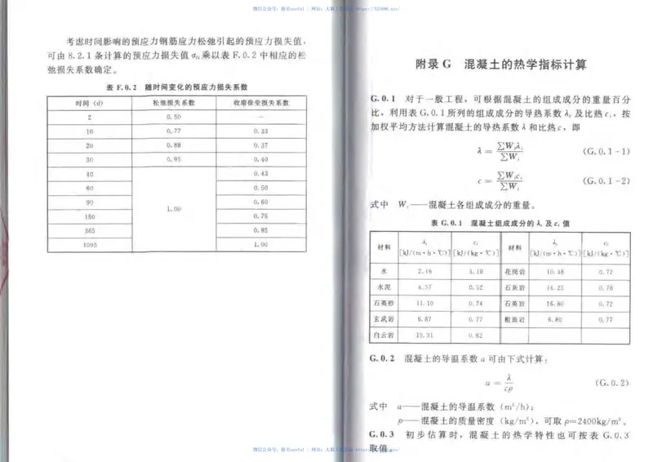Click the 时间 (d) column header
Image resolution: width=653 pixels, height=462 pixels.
87,104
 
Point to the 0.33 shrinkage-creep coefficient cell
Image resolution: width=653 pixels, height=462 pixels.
260,131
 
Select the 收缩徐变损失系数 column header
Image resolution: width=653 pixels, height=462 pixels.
260,104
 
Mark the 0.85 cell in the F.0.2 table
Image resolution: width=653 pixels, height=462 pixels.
260,231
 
